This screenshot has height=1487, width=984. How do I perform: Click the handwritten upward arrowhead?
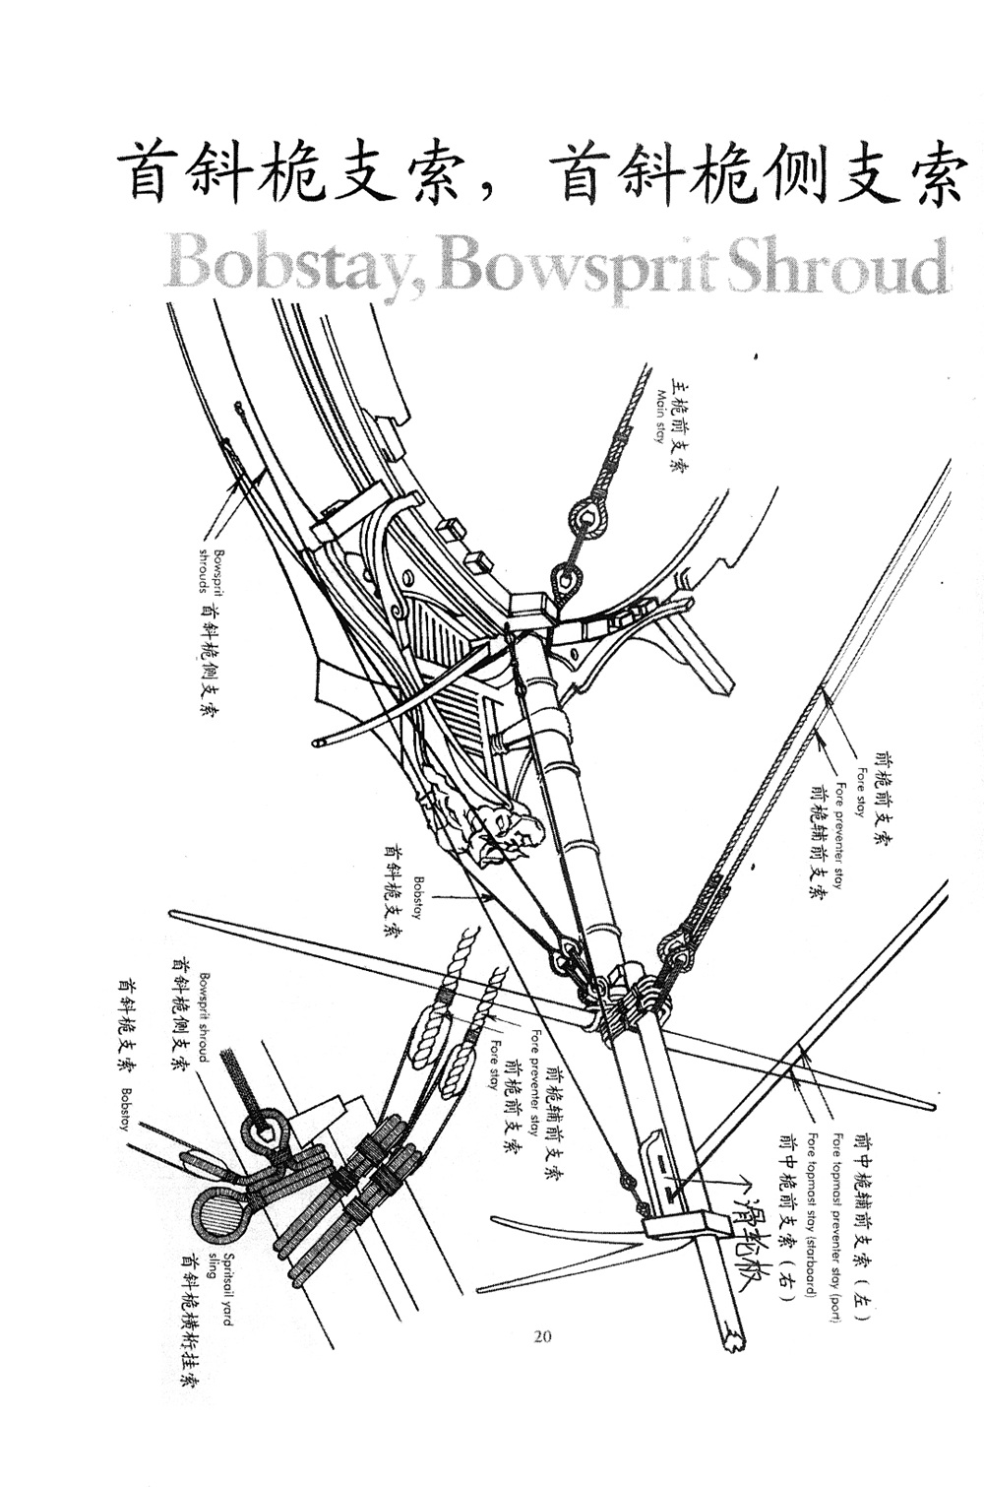tap(745, 1178)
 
